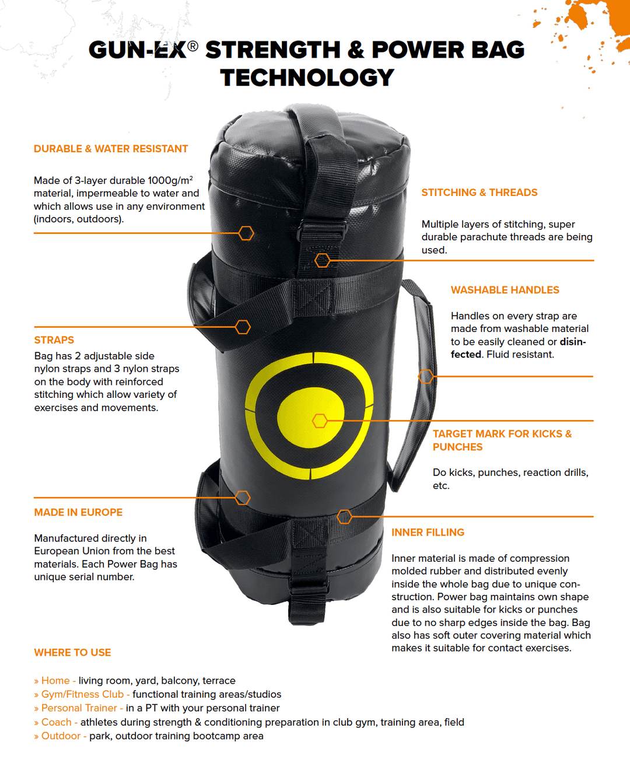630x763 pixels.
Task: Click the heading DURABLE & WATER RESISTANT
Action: tap(111, 149)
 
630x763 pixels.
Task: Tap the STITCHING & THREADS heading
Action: tap(480, 192)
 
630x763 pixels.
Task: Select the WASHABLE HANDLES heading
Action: tap(505, 290)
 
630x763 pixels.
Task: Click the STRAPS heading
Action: tap(54, 340)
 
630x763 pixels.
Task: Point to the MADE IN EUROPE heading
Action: tap(78, 512)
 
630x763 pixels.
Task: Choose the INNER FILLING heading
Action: tap(428, 533)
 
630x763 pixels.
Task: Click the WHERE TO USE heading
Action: tap(72, 653)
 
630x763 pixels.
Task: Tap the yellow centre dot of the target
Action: tap(310, 417)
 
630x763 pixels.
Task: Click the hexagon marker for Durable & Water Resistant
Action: tap(246, 233)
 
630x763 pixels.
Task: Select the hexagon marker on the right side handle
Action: tap(426, 376)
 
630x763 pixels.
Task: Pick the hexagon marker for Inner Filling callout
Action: tap(344, 517)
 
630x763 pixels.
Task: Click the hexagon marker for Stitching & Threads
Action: tap(323, 261)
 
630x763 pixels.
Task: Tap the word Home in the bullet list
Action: tap(55, 680)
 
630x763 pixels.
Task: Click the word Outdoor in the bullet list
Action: tap(61, 736)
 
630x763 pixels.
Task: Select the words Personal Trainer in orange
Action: tap(79, 708)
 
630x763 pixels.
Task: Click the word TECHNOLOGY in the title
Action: tap(307, 78)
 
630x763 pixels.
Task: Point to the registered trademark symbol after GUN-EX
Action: tap(192, 46)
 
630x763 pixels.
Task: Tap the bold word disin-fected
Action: tap(518, 348)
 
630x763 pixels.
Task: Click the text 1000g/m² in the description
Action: tap(170, 180)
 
